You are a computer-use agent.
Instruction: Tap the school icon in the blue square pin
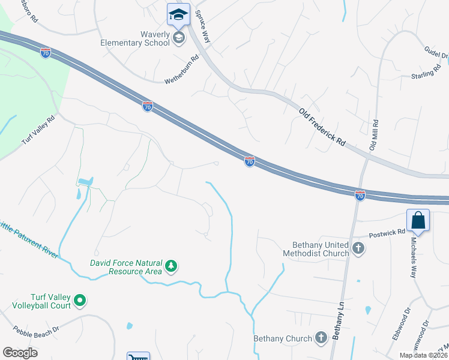[178, 14]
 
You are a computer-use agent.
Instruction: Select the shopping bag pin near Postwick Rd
[418, 220]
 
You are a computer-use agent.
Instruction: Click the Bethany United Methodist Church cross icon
[358, 248]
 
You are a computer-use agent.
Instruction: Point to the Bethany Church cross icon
[321, 338]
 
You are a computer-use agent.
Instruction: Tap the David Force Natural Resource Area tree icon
[171, 265]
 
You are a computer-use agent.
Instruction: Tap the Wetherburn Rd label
[181, 70]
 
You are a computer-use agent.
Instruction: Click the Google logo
[20, 353]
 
